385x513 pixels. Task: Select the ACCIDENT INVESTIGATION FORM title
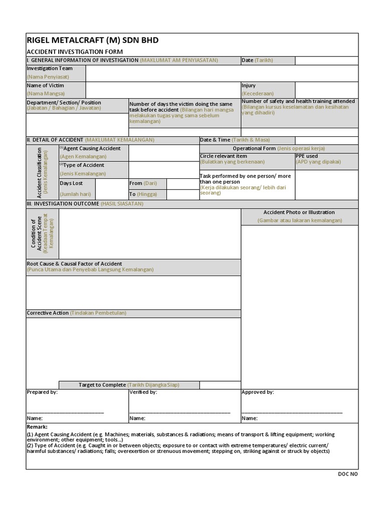click(x=75, y=52)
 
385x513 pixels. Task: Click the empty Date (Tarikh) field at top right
click(x=326, y=61)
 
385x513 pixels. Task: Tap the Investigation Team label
click(x=50, y=69)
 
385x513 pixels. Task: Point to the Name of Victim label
click(x=46, y=86)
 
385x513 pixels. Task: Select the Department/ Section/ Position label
click(x=64, y=103)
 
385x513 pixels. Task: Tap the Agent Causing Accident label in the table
click(x=90, y=149)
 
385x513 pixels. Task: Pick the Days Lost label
click(x=71, y=183)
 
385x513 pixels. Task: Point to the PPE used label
click(x=307, y=156)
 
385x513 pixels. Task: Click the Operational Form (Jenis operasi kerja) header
click(x=279, y=149)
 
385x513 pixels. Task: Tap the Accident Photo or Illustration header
click(x=299, y=212)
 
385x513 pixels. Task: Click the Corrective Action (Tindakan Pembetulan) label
click(x=76, y=313)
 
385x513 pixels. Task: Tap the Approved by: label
click(x=258, y=392)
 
